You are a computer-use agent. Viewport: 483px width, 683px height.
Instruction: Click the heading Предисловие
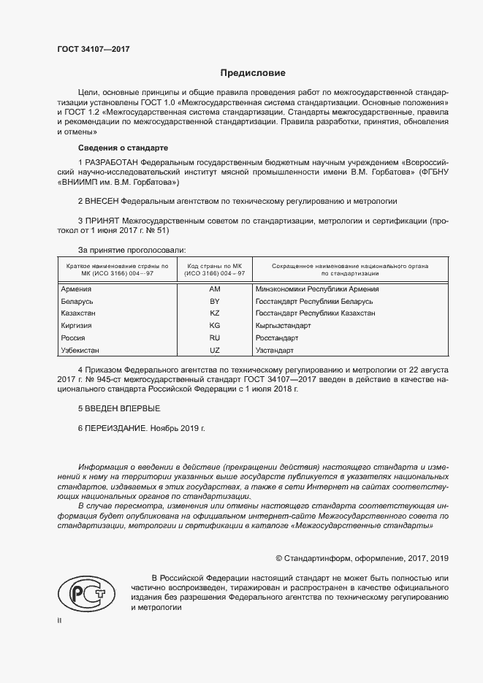(x=253, y=73)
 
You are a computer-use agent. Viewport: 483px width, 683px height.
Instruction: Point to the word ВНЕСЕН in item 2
(x=102, y=199)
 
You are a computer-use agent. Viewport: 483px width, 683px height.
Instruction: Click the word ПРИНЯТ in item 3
(x=103, y=220)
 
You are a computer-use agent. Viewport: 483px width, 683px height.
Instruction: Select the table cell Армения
(x=77, y=289)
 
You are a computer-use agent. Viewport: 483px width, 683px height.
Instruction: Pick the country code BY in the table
(x=215, y=301)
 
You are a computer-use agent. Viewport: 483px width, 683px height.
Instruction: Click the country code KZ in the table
(x=215, y=313)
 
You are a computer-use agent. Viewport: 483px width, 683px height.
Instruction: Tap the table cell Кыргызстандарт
(x=284, y=326)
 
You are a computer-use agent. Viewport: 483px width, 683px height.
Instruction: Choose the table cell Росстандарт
(x=277, y=338)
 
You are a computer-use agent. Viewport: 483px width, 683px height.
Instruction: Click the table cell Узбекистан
(x=81, y=351)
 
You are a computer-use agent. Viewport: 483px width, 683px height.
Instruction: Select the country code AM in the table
(x=215, y=289)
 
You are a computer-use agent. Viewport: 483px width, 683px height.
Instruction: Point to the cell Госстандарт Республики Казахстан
(x=316, y=313)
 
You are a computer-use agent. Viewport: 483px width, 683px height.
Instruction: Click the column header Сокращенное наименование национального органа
(x=349, y=266)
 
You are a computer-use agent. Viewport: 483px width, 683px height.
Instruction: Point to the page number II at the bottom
(x=59, y=620)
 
